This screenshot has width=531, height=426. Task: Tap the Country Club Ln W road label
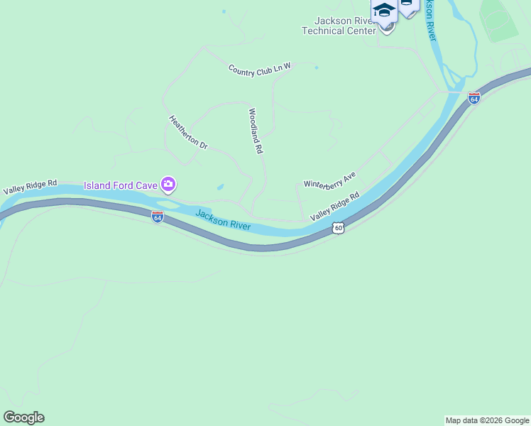(x=260, y=69)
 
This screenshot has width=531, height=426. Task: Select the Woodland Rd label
(x=256, y=131)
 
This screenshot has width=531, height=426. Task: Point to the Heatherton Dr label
(x=188, y=133)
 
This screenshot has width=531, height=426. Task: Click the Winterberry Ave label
(x=329, y=180)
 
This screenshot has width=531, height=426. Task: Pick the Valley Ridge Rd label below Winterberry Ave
(x=335, y=204)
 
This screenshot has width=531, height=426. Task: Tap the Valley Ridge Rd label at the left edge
(x=30, y=187)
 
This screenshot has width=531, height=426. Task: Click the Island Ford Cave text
(x=120, y=185)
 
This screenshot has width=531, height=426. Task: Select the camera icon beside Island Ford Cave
(x=168, y=185)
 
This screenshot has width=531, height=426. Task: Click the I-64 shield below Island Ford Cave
(x=158, y=217)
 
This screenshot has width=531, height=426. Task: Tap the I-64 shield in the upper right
(x=474, y=98)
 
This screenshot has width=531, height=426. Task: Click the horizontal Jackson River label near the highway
(x=223, y=219)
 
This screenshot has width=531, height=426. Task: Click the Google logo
(x=23, y=417)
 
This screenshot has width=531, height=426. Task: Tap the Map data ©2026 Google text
(x=487, y=420)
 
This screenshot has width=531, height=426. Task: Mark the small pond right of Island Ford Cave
(x=220, y=187)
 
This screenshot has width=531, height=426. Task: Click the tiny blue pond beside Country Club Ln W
(x=316, y=68)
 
